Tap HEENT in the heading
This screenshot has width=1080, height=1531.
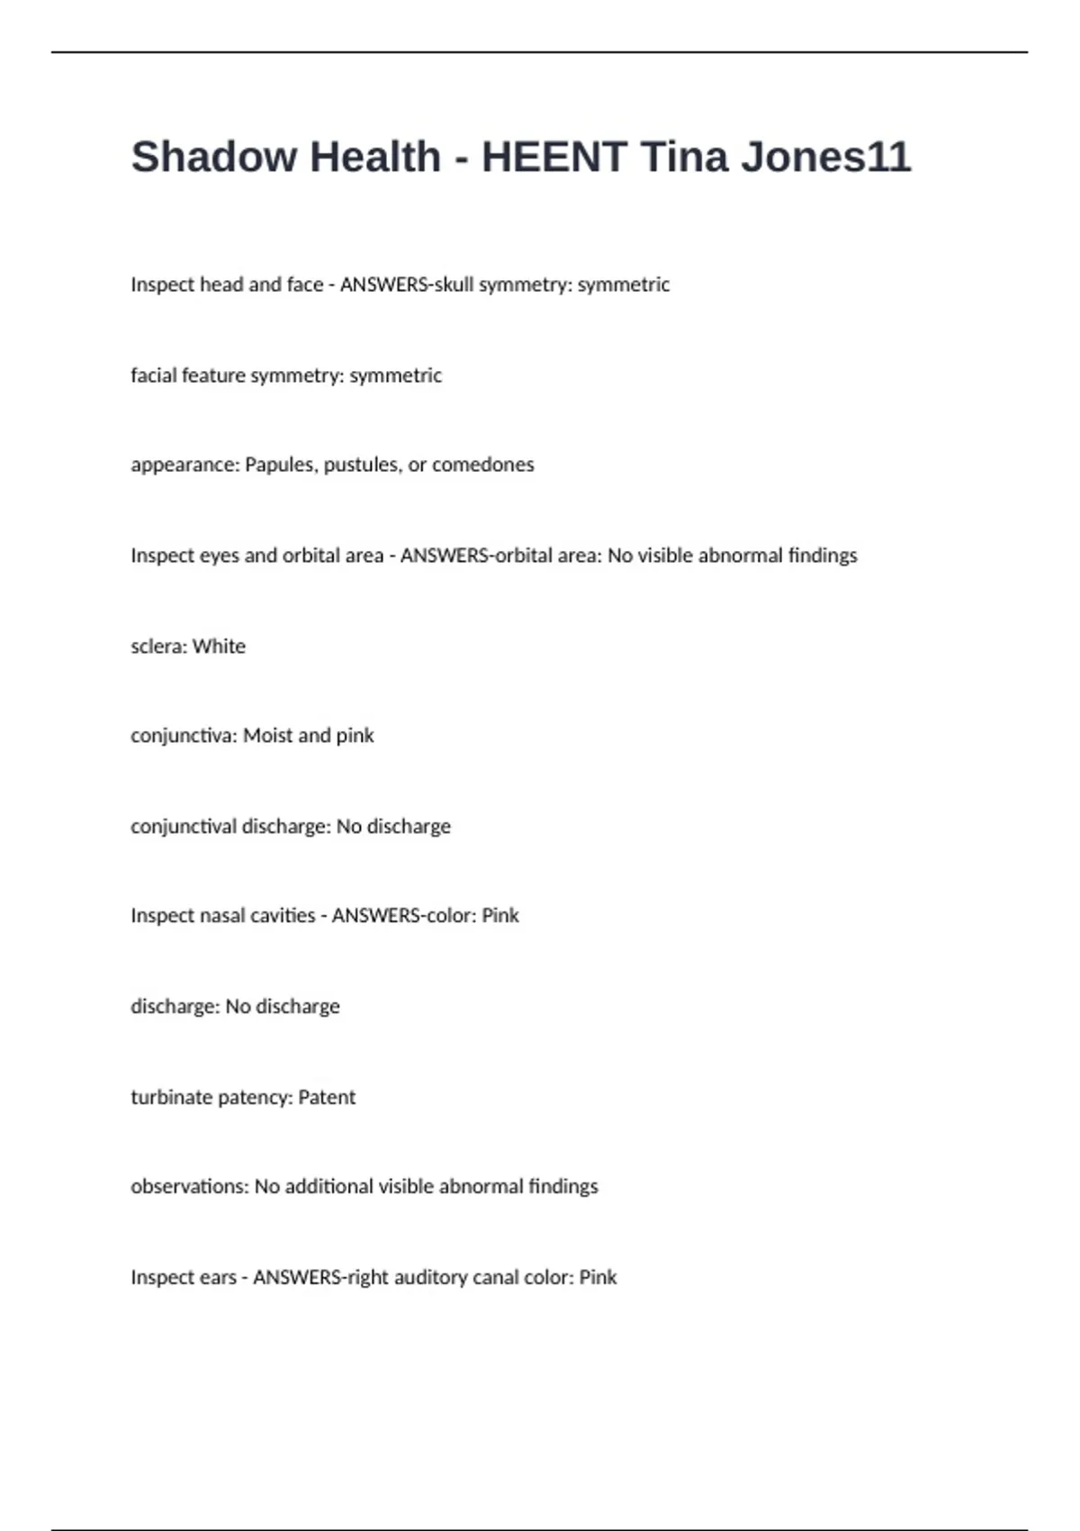553,157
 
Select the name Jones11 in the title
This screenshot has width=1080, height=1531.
826,157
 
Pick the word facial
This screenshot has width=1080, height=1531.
154,376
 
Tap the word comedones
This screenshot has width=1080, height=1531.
483,465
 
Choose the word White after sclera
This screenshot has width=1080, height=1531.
219,646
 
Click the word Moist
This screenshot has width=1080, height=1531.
267,736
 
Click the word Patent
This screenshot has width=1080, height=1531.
327,1097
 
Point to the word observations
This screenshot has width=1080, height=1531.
188,1186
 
